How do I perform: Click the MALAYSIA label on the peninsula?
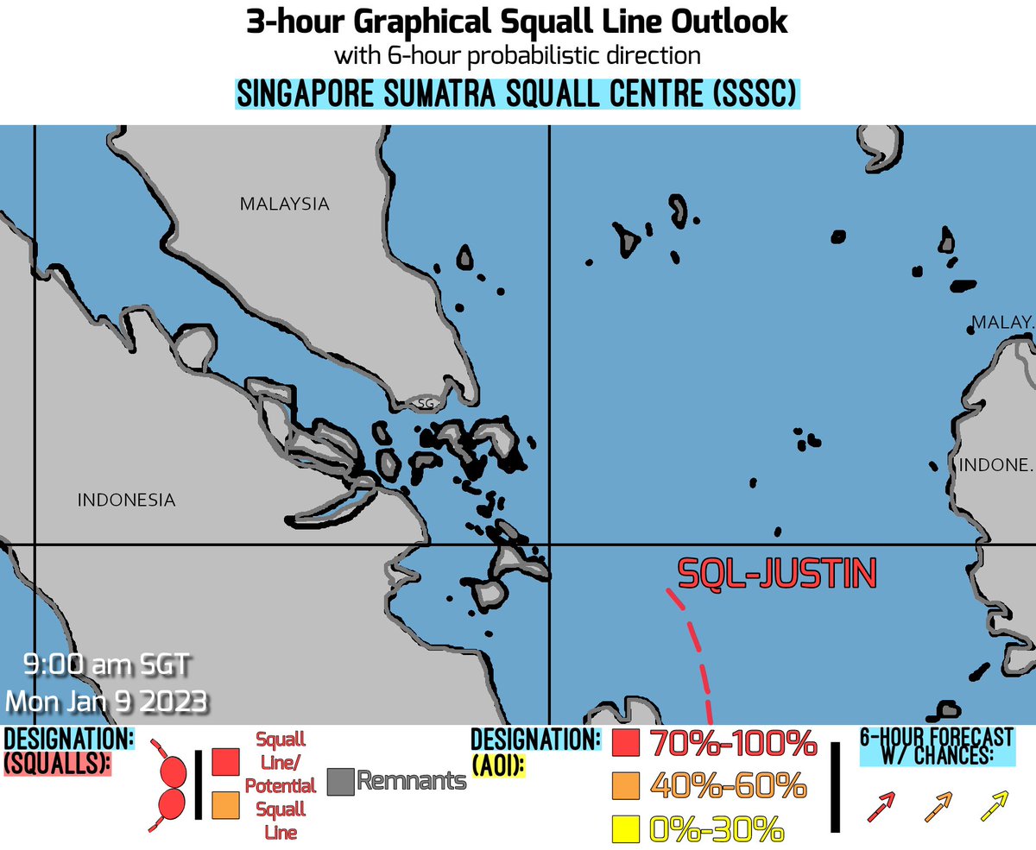click(x=284, y=205)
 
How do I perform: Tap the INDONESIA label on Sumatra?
click(x=126, y=500)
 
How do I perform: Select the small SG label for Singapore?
click(x=424, y=403)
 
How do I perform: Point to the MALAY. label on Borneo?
click(x=1001, y=322)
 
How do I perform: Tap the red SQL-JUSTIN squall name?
click(x=777, y=573)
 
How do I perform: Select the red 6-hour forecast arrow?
click(x=881, y=806)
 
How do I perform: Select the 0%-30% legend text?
click(x=716, y=830)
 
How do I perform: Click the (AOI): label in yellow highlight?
click(x=499, y=764)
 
